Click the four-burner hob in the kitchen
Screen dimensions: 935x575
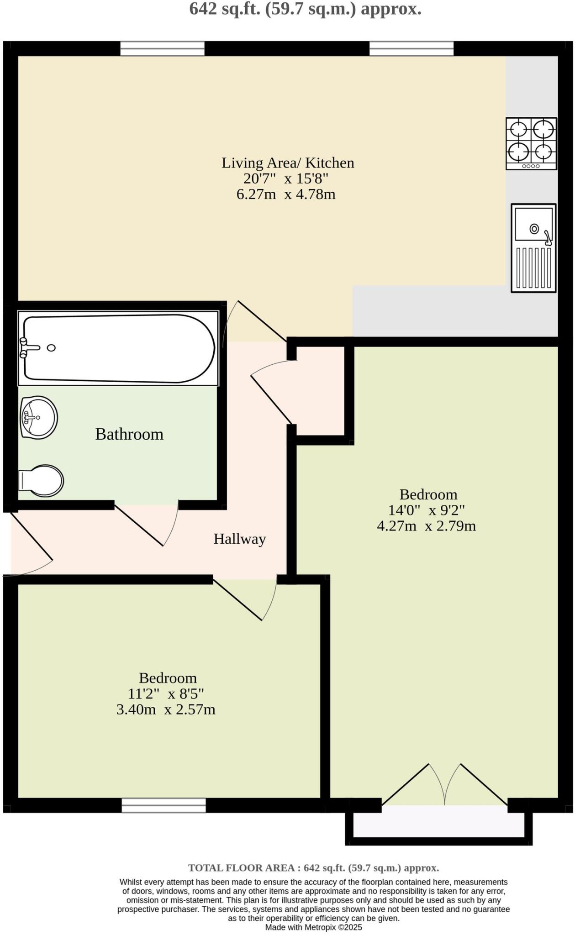(x=531, y=143)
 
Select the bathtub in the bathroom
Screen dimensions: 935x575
(x=118, y=348)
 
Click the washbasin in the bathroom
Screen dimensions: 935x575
(x=39, y=417)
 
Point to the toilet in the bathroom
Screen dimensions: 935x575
(x=41, y=480)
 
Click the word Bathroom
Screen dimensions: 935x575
(x=129, y=434)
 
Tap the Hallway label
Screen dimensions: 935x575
(x=240, y=539)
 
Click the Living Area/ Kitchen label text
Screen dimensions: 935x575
(x=288, y=163)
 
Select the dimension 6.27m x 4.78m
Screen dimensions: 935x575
(x=286, y=194)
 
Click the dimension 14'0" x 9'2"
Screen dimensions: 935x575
(x=427, y=510)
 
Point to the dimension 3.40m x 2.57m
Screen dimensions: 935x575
(x=166, y=709)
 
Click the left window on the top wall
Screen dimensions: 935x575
(x=162, y=48)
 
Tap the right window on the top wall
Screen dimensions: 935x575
(x=411, y=48)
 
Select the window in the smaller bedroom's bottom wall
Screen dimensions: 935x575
(x=164, y=805)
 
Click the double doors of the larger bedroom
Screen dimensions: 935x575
(x=444, y=785)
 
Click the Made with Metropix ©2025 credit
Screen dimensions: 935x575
(x=313, y=927)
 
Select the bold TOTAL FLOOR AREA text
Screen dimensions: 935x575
(x=313, y=868)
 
